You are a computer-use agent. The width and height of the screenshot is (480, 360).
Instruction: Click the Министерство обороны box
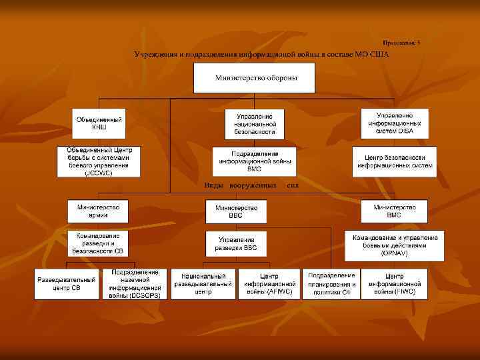(x=255, y=79)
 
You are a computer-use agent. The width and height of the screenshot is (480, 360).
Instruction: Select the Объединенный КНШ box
(x=99, y=123)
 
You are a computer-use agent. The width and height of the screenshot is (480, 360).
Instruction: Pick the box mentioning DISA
(x=395, y=123)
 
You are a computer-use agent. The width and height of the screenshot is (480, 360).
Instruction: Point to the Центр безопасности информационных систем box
(x=395, y=161)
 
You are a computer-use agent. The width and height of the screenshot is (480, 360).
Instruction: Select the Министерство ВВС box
(x=237, y=212)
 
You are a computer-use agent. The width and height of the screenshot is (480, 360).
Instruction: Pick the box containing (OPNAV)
(x=395, y=245)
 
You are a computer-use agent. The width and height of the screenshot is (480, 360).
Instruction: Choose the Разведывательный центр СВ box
(x=67, y=283)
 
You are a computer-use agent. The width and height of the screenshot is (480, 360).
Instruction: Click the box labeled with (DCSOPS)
(x=135, y=283)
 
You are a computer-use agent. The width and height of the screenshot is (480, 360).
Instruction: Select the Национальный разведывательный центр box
(x=203, y=283)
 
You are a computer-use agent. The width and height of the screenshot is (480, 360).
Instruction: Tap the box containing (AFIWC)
(x=269, y=283)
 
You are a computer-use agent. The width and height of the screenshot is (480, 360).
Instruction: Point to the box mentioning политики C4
(x=331, y=283)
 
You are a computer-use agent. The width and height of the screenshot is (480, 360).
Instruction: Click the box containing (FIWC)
(x=395, y=283)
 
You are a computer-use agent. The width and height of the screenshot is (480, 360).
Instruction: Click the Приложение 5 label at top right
(x=401, y=43)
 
